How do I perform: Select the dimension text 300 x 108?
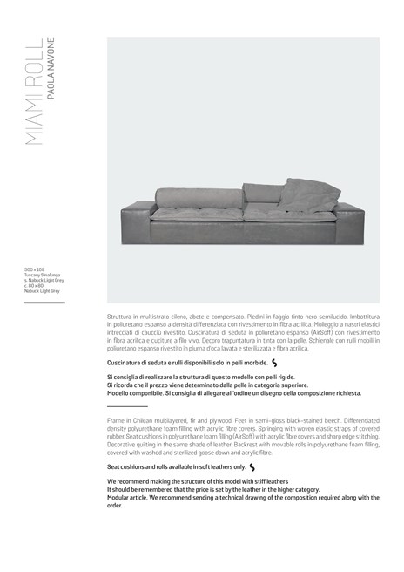(34, 270)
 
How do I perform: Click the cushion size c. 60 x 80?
(36, 285)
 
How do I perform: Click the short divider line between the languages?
(127, 407)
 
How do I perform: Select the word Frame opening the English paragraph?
(117, 420)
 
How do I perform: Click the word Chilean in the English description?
(146, 420)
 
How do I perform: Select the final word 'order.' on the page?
(115, 505)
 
